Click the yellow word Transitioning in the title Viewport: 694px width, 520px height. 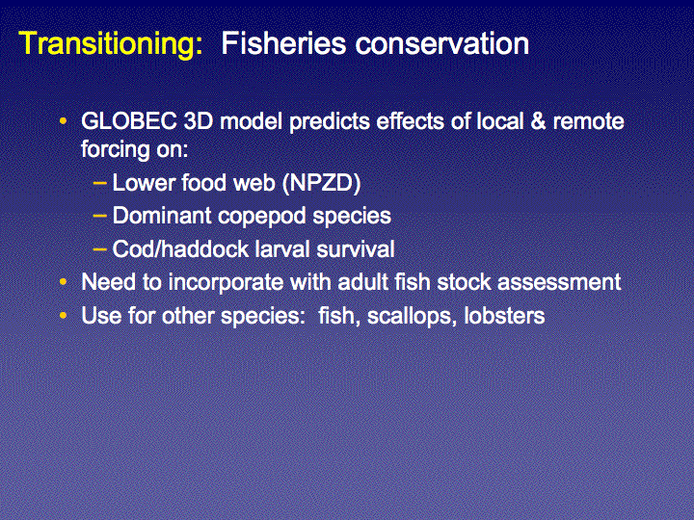click(x=111, y=44)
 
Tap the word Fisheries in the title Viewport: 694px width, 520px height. click(x=283, y=43)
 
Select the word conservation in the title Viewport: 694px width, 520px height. click(x=442, y=43)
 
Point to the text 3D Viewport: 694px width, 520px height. click(x=199, y=121)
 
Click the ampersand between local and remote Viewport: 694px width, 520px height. click(x=538, y=121)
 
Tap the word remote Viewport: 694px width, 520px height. click(x=588, y=121)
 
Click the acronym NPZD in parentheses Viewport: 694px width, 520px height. click(x=322, y=183)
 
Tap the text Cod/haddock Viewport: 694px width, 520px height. click(x=180, y=249)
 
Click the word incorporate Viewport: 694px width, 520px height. click(x=226, y=283)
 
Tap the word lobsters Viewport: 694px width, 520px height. click(x=504, y=316)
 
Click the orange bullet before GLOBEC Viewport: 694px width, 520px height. click(x=64, y=120)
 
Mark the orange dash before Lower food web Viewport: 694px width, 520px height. click(x=100, y=182)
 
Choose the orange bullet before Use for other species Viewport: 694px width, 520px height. click(x=64, y=315)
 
